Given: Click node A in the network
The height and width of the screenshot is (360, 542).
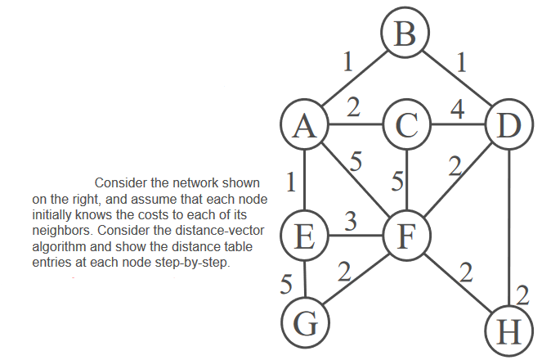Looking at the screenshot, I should (x=304, y=126).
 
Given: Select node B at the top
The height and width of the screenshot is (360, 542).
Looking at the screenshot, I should (x=404, y=34).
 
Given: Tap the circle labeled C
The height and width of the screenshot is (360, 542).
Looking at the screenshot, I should (x=405, y=126).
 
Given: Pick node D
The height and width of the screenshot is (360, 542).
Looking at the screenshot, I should (x=509, y=126).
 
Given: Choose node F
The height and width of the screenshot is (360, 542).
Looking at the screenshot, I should (x=405, y=236).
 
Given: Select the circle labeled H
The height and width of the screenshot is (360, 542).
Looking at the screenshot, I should (x=509, y=333).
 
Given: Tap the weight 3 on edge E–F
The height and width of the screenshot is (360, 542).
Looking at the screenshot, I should (x=350, y=222).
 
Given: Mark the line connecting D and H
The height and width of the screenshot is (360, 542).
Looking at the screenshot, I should (x=509, y=221).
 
